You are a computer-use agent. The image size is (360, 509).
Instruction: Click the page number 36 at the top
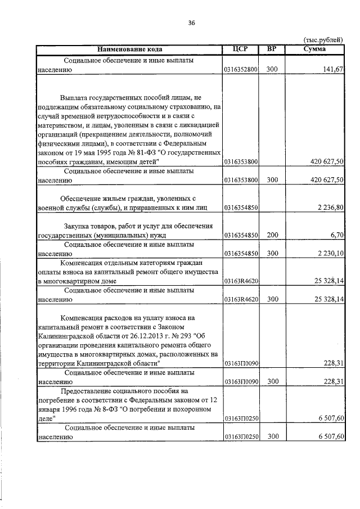[191, 23]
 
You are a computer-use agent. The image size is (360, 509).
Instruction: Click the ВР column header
[272, 49]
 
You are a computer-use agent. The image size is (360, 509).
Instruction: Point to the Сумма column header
[314, 49]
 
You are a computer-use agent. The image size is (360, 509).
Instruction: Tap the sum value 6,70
[337, 236]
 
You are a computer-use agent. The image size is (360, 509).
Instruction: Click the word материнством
[61, 125]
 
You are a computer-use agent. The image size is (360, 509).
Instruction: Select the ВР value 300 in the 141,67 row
[272, 70]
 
